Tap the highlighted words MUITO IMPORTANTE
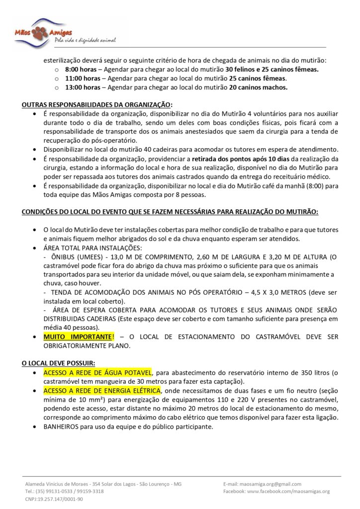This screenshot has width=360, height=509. (x=79, y=337)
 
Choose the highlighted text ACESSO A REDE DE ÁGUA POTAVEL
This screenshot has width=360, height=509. (x=97, y=372)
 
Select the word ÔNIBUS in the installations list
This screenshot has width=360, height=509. (x=64, y=256)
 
